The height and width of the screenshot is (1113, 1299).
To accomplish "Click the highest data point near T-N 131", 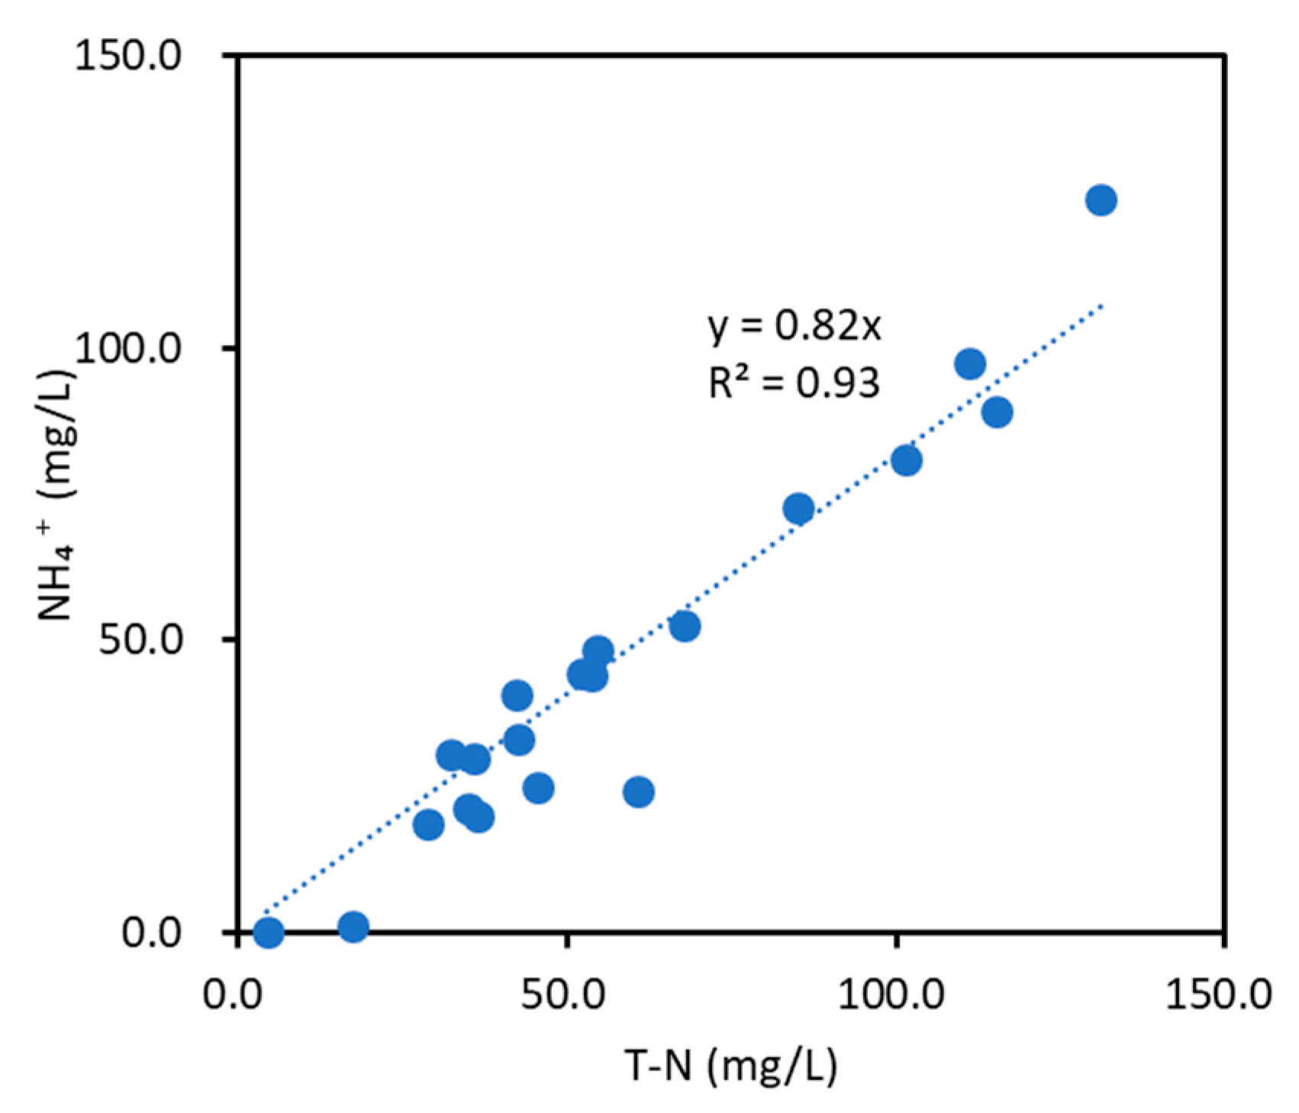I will [1101, 200].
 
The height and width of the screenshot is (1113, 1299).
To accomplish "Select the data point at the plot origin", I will [268, 932].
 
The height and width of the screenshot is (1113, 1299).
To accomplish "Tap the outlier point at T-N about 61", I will [638, 792].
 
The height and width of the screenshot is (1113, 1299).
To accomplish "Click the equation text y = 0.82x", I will [795, 326].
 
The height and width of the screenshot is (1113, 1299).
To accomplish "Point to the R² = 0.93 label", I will [794, 382].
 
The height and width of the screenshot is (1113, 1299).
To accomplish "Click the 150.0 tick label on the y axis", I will [127, 57].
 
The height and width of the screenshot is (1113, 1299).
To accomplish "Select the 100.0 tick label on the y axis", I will [127, 349].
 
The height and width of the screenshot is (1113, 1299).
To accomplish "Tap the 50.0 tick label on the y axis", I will [140, 640].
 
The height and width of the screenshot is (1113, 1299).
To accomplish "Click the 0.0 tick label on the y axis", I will [151, 932].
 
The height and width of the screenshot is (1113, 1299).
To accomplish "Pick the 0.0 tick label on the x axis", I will [234, 996].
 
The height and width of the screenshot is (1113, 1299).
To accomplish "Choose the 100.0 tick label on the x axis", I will [891, 996].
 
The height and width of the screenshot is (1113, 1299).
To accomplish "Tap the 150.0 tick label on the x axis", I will [1218, 996].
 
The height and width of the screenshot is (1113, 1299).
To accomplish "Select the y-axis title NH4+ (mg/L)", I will [57, 496].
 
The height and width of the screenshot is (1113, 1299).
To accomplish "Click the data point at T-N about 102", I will [906, 460].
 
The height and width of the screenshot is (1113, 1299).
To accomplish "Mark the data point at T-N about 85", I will [798, 508].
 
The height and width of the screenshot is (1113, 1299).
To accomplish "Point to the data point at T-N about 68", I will [685, 627].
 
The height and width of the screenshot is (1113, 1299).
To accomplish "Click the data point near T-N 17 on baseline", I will [353, 927].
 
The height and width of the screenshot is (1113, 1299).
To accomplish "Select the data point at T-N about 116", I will [997, 412].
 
